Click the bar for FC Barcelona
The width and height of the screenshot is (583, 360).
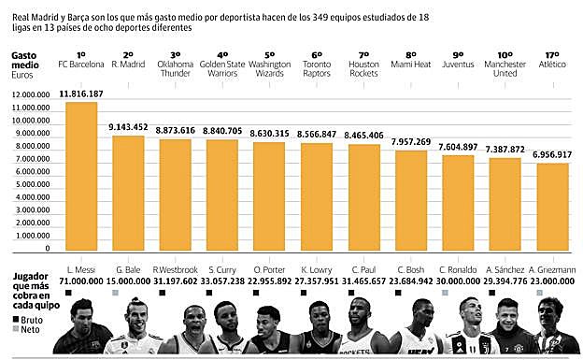pyautogui.click(x=80, y=178)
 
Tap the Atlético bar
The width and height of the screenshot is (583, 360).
pyautogui.click(x=551, y=211)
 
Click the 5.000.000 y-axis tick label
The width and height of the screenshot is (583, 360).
pyautogui.click(x=33, y=185)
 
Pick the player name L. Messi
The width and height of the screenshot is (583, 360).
pyautogui.click(x=82, y=269)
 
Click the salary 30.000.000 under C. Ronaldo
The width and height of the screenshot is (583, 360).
pyautogui.click(x=458, y=281)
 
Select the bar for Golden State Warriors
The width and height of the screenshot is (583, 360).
pyautogui.click(x=222, y=197)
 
